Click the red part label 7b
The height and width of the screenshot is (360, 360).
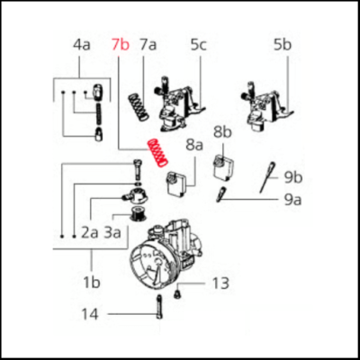pyautogui.click(x=121, y=44)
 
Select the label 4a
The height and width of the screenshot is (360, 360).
pyautogui.click(x=82, y=44)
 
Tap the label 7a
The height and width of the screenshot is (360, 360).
pyautogui.click(x=148, y=44)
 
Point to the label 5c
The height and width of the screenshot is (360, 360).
pyautogui.click(x=198, y=44)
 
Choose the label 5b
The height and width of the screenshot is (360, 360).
pyautogui.click(x=283, y=44)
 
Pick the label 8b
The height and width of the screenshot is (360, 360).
pyautogui.click(x=222, y=133)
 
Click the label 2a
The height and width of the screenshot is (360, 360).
pyautogui.click(x=89, y=231)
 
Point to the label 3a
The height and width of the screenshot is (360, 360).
pyautogui.click(x=114, y=231)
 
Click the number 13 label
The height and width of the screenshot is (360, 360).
pyautogui.click(x=220, y=283)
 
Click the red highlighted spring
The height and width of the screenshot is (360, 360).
pyautogui.click(x=157, y=155)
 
